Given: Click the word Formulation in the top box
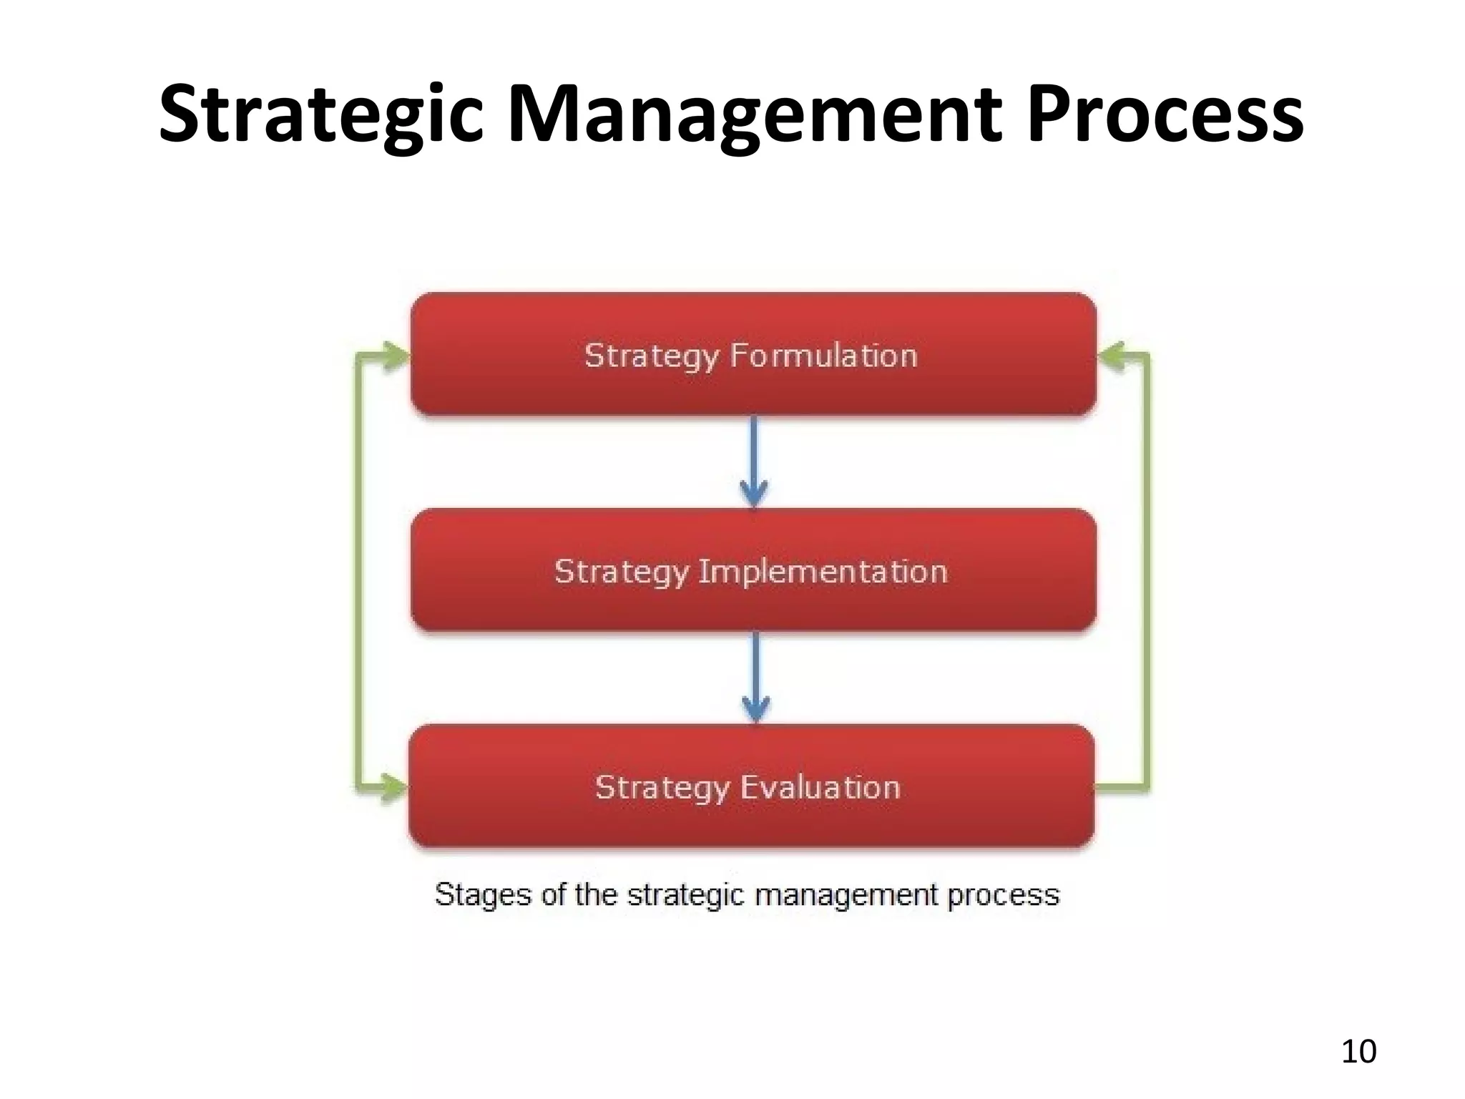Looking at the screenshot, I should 823,356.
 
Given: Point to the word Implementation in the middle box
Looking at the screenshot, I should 823,572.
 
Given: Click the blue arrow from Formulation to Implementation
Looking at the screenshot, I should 754,461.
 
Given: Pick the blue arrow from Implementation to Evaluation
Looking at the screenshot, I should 755,678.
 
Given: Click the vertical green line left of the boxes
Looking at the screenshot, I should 358,572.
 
